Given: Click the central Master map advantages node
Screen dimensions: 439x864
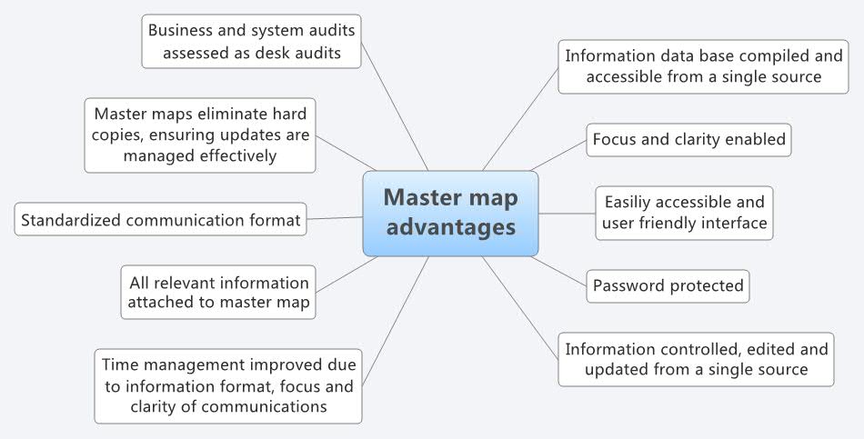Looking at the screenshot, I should (x=450, y=213).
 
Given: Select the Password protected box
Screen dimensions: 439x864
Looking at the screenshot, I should (x=668, y=286).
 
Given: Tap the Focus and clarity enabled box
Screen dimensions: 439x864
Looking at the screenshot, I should (x=688, y=140).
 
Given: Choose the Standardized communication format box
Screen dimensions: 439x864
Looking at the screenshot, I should (x=161, y=219).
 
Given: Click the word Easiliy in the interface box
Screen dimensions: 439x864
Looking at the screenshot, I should (x=630, y=202).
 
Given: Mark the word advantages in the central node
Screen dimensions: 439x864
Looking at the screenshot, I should (x=450, y=227).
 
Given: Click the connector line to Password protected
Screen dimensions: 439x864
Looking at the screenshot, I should (x=559, y=271).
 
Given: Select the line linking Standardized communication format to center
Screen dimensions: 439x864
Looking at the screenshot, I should (x=335, y=218).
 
